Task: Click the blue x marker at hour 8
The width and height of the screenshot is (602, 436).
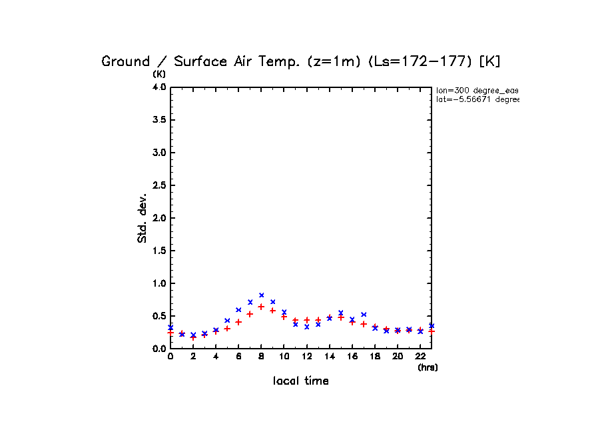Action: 262,295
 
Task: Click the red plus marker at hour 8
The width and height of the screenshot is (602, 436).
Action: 262,307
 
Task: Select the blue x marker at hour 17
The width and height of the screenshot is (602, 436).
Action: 364,315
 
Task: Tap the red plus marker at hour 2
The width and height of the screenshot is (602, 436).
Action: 193,337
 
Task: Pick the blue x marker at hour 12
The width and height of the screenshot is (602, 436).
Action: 307,327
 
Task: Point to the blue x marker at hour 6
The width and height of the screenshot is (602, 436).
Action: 238,310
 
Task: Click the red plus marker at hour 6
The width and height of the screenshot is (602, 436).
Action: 238,322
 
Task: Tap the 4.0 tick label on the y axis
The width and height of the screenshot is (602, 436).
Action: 158,87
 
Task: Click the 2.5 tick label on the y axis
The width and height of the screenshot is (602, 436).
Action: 158,185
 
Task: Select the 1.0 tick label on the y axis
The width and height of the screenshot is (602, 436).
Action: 158,283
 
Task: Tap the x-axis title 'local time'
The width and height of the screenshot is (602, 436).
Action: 301,381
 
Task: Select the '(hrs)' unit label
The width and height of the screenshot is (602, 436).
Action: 428,367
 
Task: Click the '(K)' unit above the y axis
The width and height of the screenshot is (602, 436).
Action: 159,73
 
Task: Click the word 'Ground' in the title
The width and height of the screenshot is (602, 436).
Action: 126,61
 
